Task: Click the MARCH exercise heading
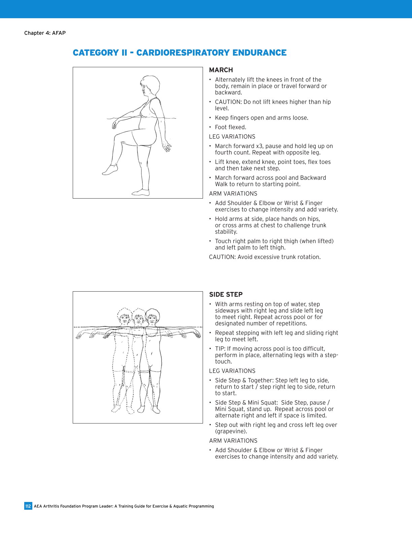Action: point(221,70)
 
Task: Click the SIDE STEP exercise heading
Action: point(226,295)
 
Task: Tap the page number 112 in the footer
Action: point(28,506)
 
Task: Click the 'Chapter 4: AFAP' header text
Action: point(45,33)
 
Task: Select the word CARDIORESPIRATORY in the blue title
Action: point(183,53)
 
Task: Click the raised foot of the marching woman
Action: point(110,170)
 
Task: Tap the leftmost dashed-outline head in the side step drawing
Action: point(125,318)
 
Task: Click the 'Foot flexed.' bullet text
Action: point(231,127)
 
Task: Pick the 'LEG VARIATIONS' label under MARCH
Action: point(232,137)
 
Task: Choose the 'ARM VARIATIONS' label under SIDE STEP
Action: point(233,441)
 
